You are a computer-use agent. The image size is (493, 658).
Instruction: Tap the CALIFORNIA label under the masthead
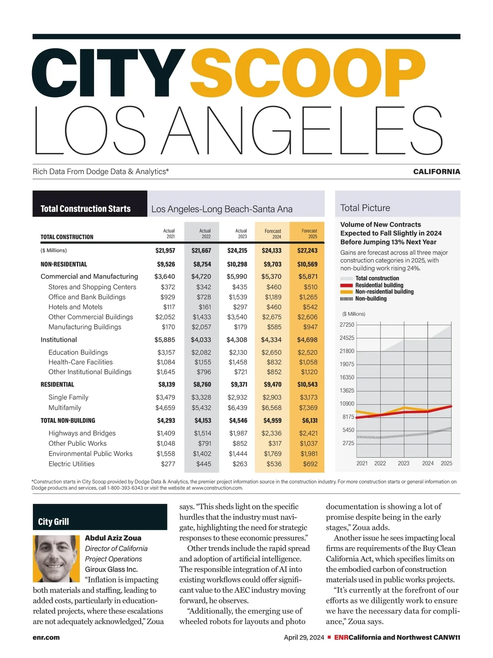pos(436,171)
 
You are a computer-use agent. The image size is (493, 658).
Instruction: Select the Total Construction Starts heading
pos(85,209)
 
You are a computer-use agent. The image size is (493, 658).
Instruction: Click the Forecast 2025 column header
pos(309,234)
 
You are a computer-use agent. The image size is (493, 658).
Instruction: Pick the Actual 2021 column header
pos(169,234)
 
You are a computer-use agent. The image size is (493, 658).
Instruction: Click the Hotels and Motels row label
pos(75,307)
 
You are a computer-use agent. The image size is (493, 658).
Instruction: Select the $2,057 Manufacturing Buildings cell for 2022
pos(202,327)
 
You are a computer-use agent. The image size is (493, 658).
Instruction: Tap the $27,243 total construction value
pos(307,250)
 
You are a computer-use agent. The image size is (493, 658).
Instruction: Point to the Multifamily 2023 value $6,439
pos(237,408)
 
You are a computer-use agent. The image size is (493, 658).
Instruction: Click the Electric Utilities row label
pos(71,464)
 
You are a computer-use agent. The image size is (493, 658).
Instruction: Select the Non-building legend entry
pos(371,299)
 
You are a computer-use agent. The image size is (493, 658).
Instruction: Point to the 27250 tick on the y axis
pos(347,324)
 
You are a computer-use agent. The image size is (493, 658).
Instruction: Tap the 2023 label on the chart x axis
pos(403,463)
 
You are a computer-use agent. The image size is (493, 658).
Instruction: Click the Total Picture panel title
pos(365,208)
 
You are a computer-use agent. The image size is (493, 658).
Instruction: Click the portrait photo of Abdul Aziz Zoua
pos(56,558)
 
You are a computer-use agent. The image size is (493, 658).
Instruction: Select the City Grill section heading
pos(53,521)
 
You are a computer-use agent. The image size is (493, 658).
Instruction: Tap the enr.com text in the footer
pos(46,637)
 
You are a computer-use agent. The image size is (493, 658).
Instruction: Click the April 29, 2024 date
pos(304,637)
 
